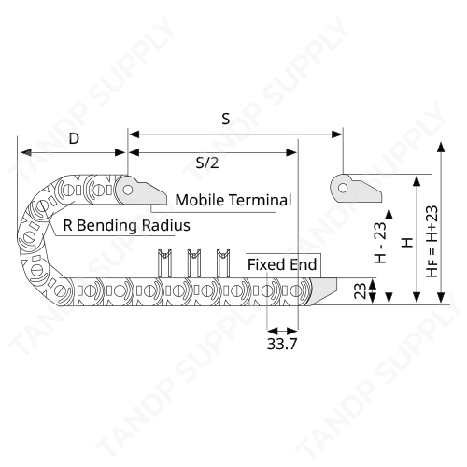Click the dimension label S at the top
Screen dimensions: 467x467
(226, 119)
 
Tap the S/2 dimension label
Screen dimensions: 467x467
(207, 163)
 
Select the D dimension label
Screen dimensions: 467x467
(74, 138)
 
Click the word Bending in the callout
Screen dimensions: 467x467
(106, 226)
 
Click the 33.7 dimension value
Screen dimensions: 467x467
(282, 344)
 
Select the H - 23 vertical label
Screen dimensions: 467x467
(380, 243)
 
